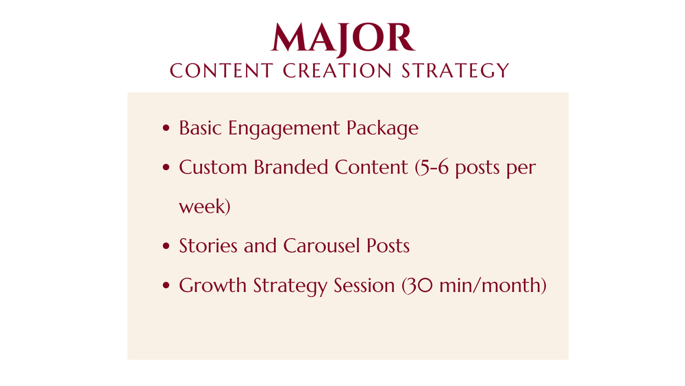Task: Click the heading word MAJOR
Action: click(343, 38)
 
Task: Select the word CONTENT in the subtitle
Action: click(221, 71)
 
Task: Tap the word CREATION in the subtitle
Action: click(337, 71)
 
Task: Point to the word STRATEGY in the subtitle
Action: click(456, 71)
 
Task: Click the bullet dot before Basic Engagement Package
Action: click(166, 128)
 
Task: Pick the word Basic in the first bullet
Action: click(201, 128)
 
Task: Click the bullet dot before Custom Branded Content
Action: click(166, 167)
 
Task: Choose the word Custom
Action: click(213, 167)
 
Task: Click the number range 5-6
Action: click(432, 167)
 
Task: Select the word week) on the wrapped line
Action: click(204, 206)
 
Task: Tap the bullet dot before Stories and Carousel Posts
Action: click(166, 246)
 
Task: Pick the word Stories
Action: click(208, 245)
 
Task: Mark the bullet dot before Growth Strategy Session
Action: click(166, 285)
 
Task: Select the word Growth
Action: click(213, 285)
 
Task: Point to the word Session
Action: click(364, 285)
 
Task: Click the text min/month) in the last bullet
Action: click(493, 285)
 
